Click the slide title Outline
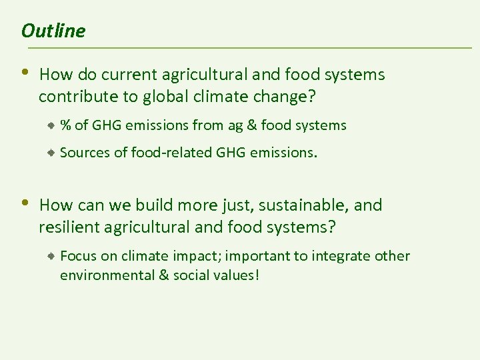53,31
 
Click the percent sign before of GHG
66,125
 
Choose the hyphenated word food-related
171,153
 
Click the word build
153,205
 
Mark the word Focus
77,256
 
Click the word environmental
104,275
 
